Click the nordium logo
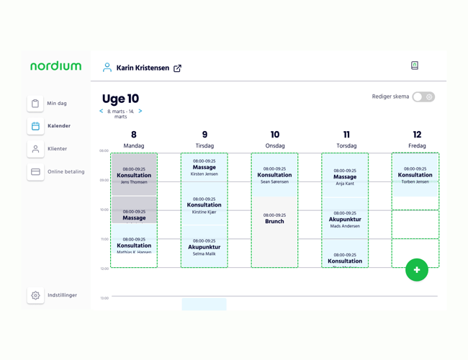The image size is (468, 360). click(55, 66)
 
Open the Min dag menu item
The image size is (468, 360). click(35, 104)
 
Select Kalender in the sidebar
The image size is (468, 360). click(35, 126)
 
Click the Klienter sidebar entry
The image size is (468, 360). click(35, 149)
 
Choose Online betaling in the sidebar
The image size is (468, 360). click(35, 172)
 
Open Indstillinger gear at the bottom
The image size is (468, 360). click(35, 295)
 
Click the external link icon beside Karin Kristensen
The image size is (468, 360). click(177, 68)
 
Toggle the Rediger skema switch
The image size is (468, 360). click(423, 97)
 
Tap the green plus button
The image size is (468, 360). click(417, 270)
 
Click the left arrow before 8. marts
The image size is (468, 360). click(102, 112)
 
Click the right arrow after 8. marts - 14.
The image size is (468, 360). click(140, 112)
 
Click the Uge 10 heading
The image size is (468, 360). click(120, 99)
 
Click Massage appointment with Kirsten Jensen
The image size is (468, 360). click(204, 168)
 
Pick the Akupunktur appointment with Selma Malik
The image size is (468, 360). click(204, 247)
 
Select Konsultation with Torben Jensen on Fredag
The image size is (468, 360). click(415, 175)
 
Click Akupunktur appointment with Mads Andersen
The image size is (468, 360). click(345, 220)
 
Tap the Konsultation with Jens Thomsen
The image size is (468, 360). click(134, 175)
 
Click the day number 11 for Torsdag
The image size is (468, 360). click(346, 135)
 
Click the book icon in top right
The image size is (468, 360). click(415, 66)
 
